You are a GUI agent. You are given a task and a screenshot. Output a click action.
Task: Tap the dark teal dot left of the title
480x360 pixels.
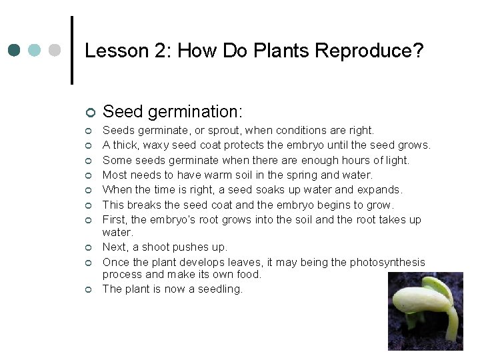[x=15, y=51]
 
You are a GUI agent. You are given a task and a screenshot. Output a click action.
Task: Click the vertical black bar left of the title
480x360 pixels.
[x=72, y=50]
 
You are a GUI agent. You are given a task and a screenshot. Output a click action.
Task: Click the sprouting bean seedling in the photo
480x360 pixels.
[x=427, y=307]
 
